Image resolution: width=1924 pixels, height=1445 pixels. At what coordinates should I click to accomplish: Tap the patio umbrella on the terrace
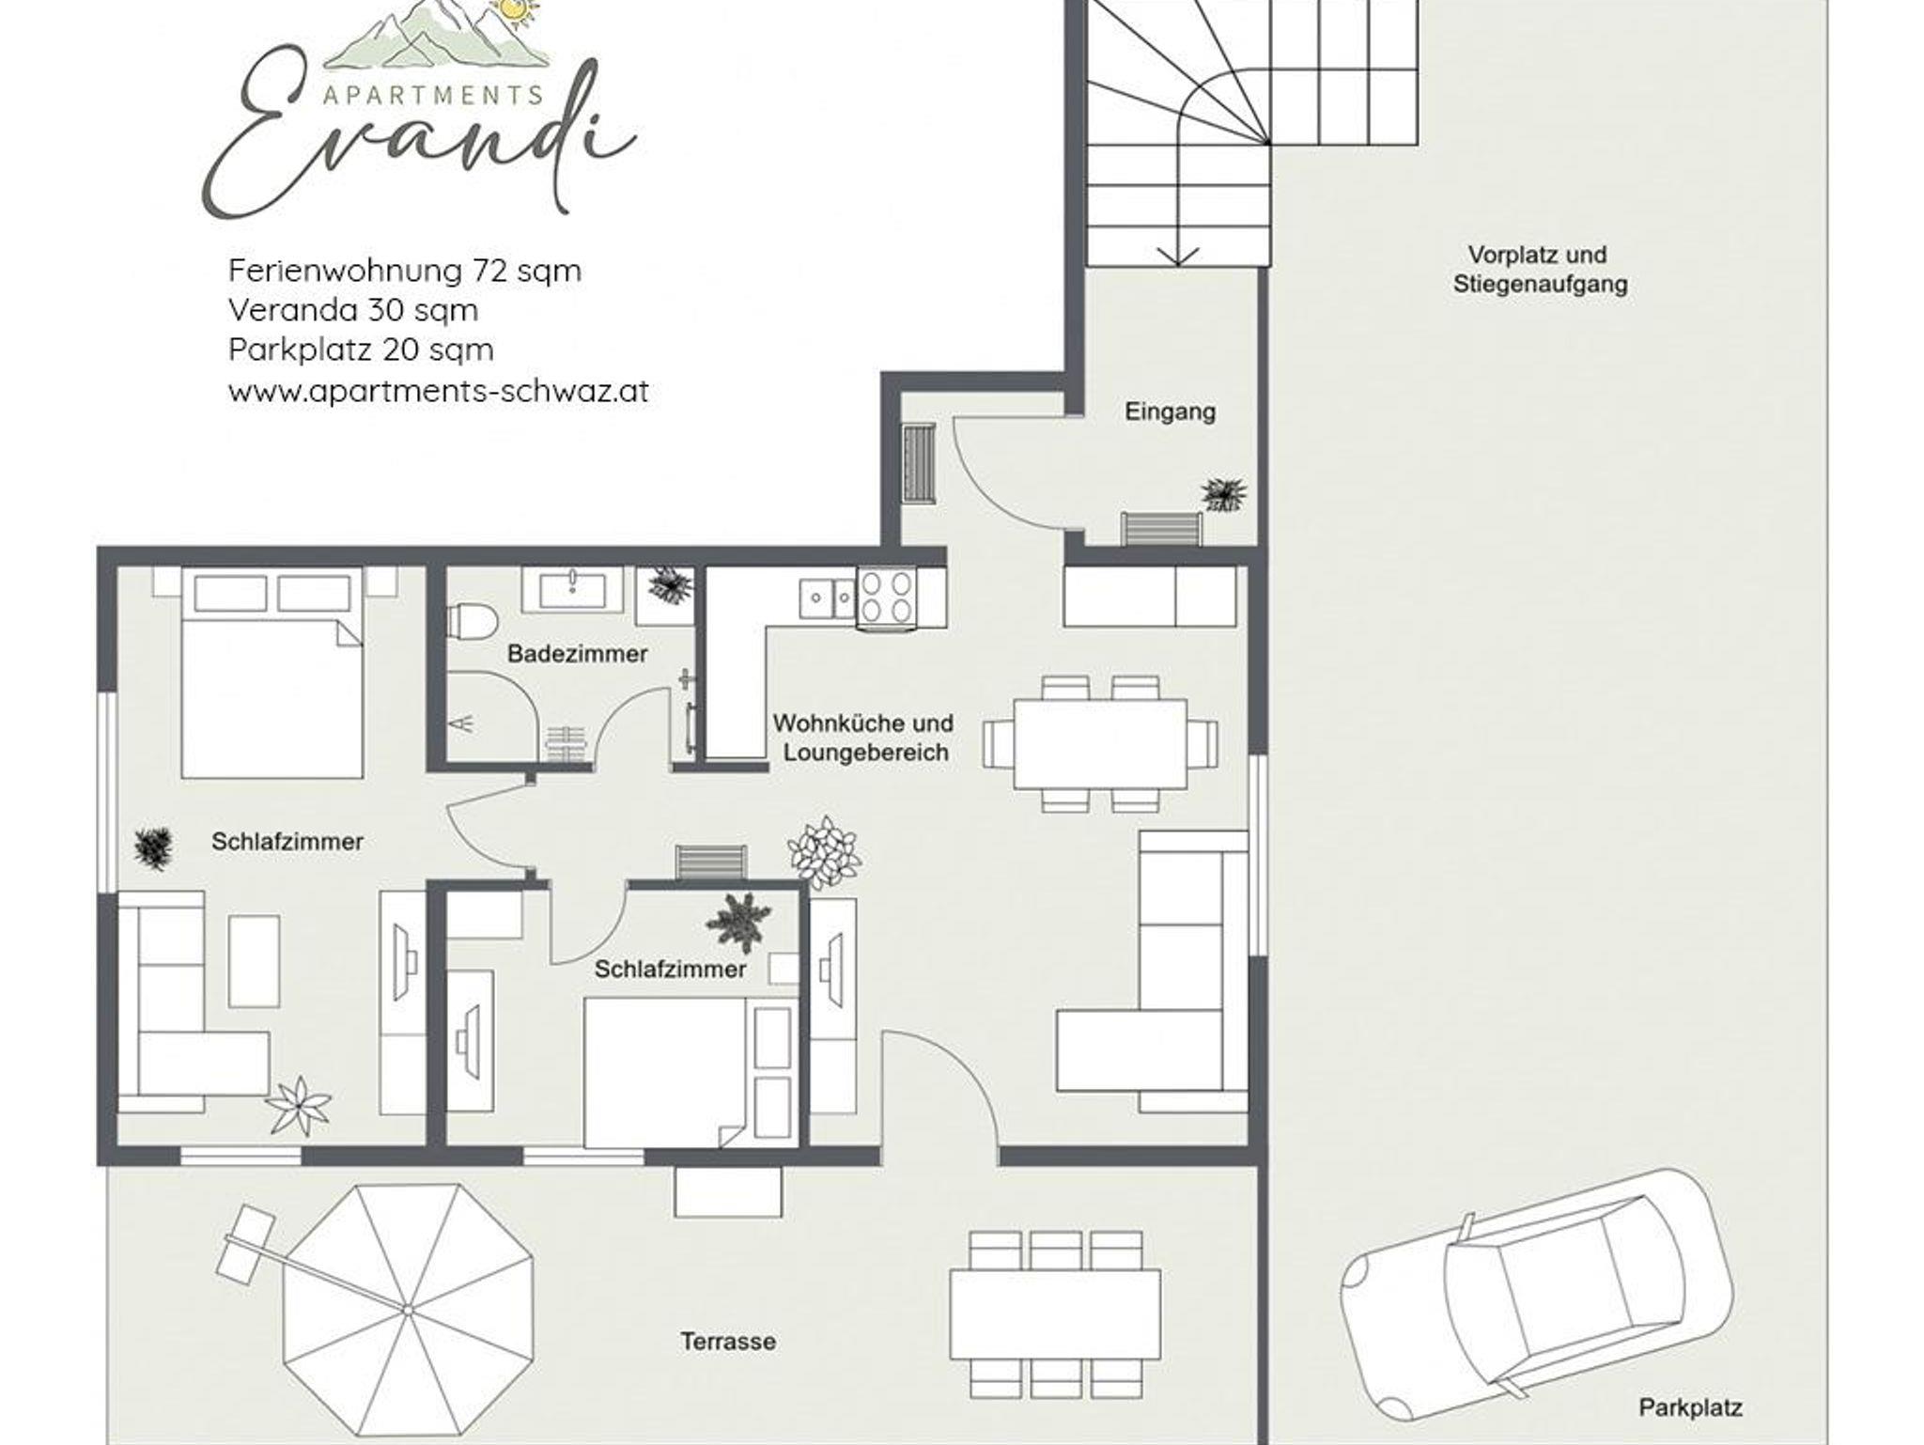point(408,1308)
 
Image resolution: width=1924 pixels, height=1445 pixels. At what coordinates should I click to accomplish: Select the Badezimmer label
point(577,654)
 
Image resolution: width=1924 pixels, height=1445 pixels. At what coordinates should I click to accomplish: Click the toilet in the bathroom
point(473,621)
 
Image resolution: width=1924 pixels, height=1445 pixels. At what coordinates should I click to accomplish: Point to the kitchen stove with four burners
point(886,597)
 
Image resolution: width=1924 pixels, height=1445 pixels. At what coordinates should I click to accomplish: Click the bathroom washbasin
point(572,590)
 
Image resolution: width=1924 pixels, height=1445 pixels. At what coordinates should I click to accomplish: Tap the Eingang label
point(1170,412)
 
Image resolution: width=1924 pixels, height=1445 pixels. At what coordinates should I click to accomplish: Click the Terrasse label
point(728,1342)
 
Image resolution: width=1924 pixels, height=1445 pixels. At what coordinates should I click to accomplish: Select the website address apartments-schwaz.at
point(438,391)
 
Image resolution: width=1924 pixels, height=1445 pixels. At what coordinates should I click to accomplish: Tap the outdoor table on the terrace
point(1055,1313)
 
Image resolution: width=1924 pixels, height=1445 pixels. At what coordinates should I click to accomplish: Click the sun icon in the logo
point(514,9)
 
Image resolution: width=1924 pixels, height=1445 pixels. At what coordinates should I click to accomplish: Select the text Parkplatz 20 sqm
point(361,350)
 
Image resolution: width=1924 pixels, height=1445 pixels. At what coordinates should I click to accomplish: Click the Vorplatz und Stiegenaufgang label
point(1539,269)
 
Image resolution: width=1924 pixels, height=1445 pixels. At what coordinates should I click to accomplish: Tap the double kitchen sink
point(827,598)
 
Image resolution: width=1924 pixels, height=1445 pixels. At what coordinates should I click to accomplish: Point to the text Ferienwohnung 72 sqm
point(405,272)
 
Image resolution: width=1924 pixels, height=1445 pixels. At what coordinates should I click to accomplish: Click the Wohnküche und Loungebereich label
point(863,738)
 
